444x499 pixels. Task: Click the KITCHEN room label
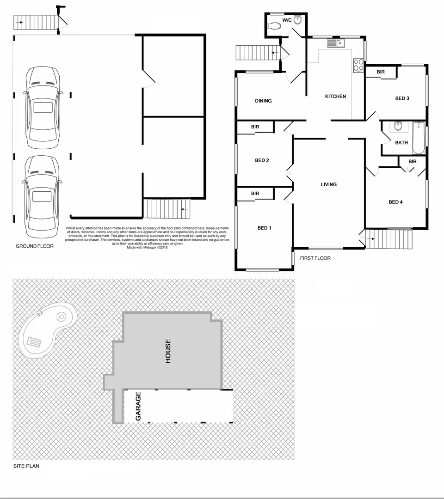(335, 97)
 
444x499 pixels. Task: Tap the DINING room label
(263, 101)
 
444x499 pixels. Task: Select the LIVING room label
(329, 184)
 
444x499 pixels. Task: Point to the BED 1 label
(264, 228)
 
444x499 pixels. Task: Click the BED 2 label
(262, 160)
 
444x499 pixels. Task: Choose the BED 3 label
(402, 98)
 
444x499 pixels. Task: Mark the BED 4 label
(396, 202)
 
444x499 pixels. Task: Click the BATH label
(401, 143)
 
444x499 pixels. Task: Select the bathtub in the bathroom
(418, 138)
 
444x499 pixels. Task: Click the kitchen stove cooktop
(358, 65)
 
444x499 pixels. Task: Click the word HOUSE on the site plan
(168, 351)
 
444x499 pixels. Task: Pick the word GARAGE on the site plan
(138, 407)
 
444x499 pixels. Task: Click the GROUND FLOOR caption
(35, 246)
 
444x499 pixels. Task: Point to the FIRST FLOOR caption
(315, 258)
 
